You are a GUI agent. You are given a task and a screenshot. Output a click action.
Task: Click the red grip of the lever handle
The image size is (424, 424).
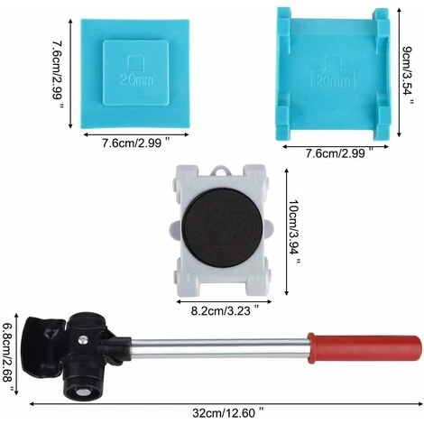[x=364, y=346]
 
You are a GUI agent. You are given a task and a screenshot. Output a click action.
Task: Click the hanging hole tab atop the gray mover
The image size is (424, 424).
[x=222, y=171]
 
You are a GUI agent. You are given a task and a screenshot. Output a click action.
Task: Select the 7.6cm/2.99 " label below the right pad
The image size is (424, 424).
[x=334, y=153]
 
